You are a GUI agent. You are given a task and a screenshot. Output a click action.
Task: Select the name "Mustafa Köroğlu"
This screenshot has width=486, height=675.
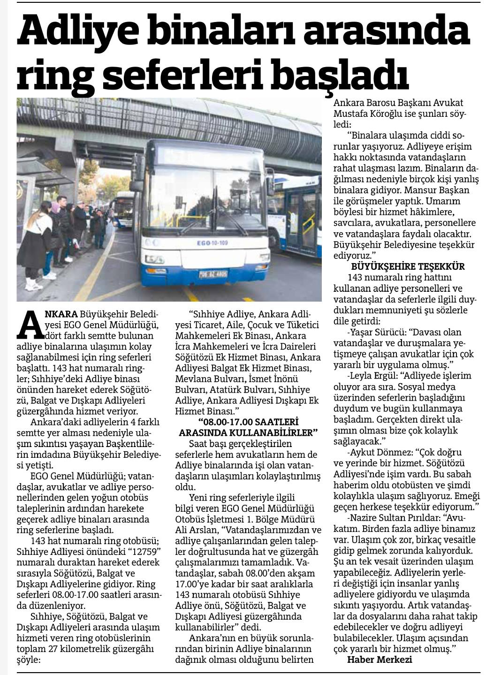[366, 114]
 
